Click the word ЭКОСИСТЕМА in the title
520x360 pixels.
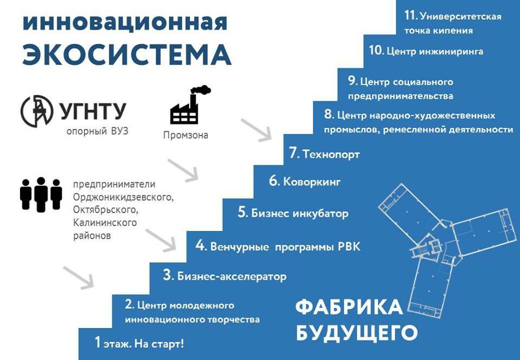click(x=126, y=54)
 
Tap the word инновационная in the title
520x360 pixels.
click(x=125, y=23)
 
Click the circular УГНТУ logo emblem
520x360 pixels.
click(x=37, y=111)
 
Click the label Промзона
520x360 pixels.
click(x=186, y=135)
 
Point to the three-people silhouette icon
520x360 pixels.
click(x=41, y=195)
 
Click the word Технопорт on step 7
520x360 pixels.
click(x=331, y=155)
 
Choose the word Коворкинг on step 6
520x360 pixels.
click(x=312, y=182)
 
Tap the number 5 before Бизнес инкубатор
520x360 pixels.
click(x=242, y=213)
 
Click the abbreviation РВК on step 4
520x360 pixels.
click(x=349, y=247)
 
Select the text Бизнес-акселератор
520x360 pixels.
click(x=232, y=277)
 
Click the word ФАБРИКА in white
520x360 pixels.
click(x=349, y=307)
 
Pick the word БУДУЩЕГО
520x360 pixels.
click(x=356, y=332)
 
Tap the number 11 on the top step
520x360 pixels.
click(x=410, y=15)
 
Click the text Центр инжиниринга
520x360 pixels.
click(x=435, y=52)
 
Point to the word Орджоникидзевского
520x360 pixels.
click(x=123, y=197)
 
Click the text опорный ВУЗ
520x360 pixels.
click(x=97, y=131)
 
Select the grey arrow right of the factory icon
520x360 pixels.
click(x=256, y=131)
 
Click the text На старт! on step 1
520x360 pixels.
click(x=159, y=344)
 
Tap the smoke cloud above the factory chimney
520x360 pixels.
click(x=201, y=89)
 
